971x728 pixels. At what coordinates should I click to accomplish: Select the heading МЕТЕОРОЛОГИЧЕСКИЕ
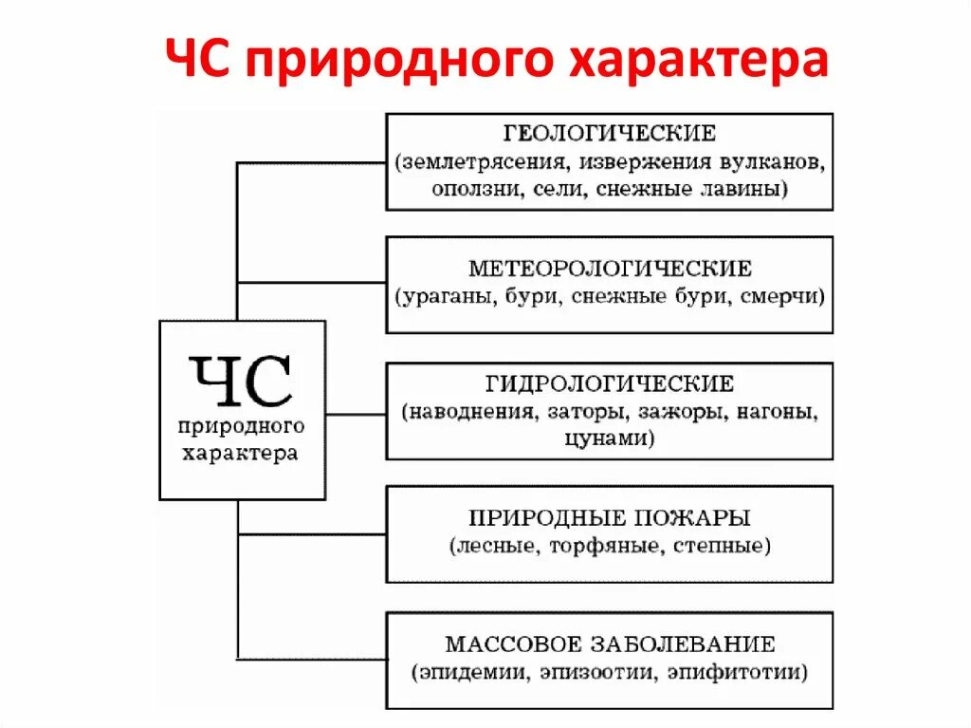[x=610, y=267]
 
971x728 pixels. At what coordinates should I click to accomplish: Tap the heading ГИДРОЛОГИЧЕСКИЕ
[x=610, y=383]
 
